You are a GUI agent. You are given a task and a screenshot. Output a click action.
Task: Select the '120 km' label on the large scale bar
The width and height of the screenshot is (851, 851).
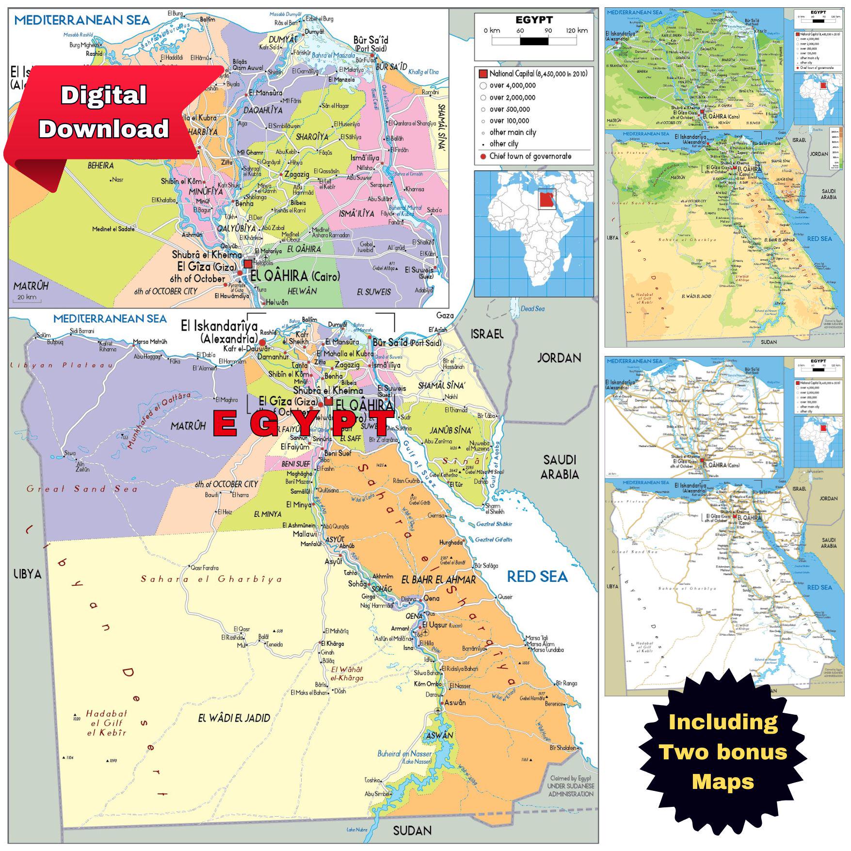click(576, 31)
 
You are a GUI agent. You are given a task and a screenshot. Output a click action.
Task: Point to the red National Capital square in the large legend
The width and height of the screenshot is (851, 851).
click(483, 74)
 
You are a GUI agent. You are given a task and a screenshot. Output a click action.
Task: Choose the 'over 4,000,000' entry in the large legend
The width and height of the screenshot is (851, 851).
click(512, 86)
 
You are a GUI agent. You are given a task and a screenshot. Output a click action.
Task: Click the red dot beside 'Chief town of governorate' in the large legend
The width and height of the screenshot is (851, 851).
click(483, 156)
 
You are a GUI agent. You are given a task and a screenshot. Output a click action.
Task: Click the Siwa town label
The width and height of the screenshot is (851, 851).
click(70, 453)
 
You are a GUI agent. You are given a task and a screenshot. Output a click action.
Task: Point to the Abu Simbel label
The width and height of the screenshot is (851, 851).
click(378, 794)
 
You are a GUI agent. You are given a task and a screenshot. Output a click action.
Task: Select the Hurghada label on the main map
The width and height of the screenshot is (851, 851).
click(450, 543)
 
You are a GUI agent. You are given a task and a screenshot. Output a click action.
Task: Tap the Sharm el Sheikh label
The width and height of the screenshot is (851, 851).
click(495, 509)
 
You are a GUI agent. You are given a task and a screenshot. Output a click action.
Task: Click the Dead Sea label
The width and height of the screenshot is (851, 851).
click(532, 309)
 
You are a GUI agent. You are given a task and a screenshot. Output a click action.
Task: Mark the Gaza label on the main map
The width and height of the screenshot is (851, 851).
click(445, 316)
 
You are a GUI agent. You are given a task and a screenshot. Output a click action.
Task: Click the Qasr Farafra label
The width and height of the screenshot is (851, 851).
click(205, 567)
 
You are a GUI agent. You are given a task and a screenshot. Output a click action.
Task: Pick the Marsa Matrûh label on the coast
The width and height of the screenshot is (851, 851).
click(150, 342)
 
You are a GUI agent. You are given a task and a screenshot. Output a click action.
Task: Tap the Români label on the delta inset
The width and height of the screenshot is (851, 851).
click(430, 92)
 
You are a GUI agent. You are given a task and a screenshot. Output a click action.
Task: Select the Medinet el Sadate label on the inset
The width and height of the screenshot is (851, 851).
click(113, 229)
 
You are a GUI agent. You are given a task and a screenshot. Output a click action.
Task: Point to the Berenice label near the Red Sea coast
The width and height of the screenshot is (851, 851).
click(554, 703)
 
